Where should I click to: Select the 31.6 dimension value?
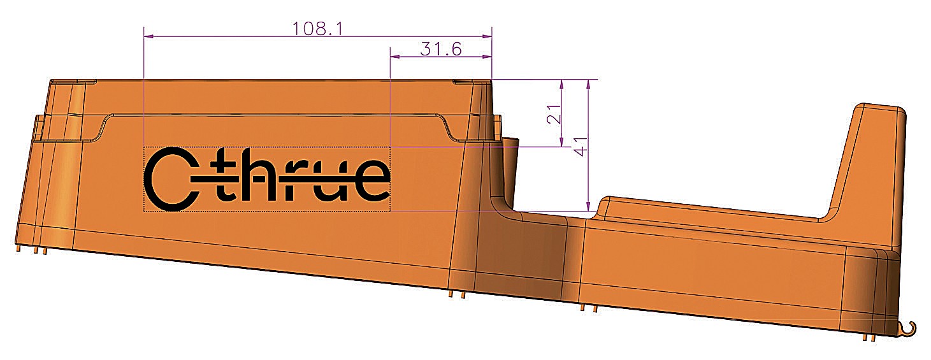tap(440, 48)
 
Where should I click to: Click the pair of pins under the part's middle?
tap(457, 295)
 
